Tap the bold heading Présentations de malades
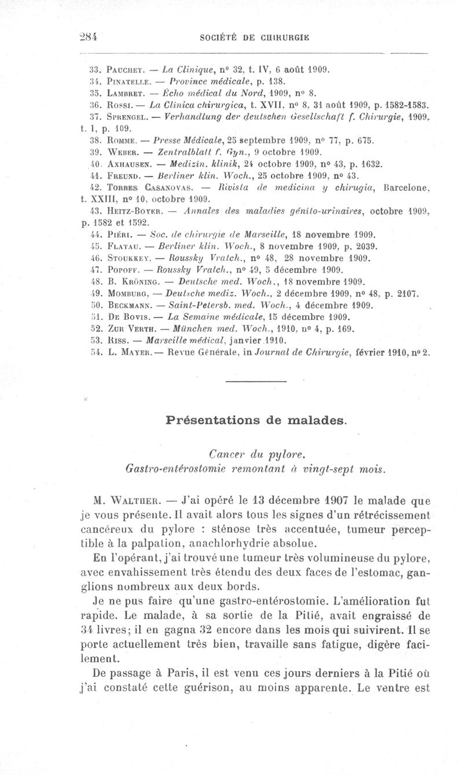click(x=256, y=419)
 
